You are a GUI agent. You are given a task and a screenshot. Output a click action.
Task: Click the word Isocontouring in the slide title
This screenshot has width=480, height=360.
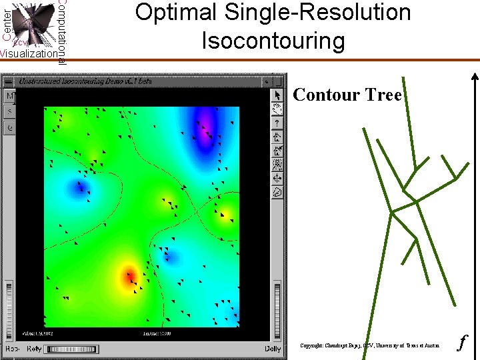pyautogui.click(x=273, y=41)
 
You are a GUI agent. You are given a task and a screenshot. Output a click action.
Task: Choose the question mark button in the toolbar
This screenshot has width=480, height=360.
pyautogui.click(x=278, y=123)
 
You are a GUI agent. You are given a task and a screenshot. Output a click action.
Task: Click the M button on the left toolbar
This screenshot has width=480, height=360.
pyautogui.click(x=10, y=97)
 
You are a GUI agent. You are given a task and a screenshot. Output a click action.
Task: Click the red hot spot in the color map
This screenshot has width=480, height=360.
pyautogui.click(x=129, y=275)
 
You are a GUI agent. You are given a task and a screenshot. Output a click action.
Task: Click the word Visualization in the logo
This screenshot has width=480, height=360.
pyautogui.click(x=29, y=54)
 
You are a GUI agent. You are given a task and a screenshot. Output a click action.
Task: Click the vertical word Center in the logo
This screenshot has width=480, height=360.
pyautogui.click(x=6, y=23)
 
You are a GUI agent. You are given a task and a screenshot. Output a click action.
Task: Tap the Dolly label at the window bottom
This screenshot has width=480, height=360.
pyautogui.click(x=272, y=349)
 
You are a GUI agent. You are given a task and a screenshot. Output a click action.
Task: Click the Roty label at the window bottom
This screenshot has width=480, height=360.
pyautogui.click(x=34, y=349)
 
